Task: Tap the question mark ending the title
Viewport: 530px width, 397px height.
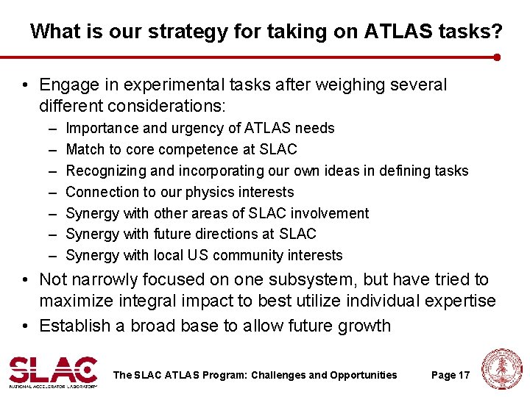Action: point(498,32)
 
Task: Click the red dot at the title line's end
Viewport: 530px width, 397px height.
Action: point(498,57)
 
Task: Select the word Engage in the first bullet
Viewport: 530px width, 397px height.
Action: point(67,85)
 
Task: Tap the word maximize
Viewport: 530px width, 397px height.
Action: point(75,301)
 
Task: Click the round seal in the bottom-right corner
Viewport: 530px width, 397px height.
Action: point(503,369)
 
